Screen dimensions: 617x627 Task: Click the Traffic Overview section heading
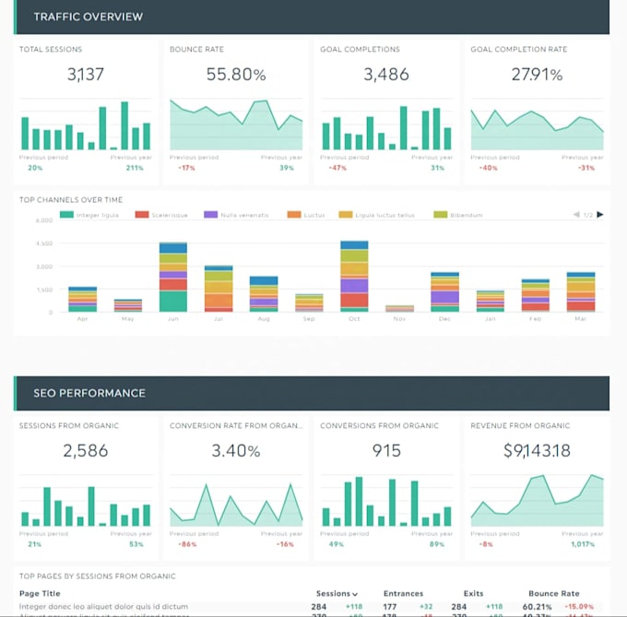[x=89, y=17]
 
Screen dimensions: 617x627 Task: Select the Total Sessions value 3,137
[x=86, y=75]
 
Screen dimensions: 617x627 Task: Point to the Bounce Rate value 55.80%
[x=236, y=75]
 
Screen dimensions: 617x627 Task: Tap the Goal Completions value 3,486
[x=386, y=75]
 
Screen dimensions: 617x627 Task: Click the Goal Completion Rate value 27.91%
[x=537, y=75]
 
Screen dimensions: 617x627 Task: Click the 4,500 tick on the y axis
[x=44, y=243]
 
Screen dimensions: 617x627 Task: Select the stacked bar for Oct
[x=354, y=277]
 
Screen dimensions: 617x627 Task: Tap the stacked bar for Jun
[x=173, y=278]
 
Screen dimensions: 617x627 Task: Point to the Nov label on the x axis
[x=399, y=318]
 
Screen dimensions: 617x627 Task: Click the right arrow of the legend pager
[x=600, y=215]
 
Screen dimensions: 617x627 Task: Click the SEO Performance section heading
[x=89, y=393]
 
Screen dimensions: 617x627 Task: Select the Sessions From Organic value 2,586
[x=86, y=451]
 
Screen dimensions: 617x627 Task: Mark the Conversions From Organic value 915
[x=386, y=451]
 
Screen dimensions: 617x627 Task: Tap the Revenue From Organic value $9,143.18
[x=537, y=451]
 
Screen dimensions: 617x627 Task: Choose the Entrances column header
[x=404, y=594]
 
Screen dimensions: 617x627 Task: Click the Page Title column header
[x=40, y=594]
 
